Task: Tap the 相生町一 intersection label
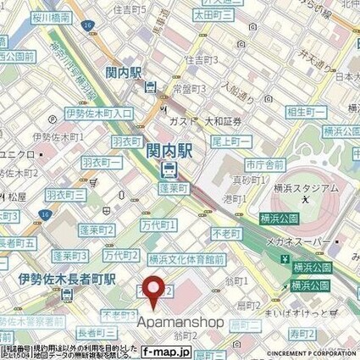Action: click(307, 112)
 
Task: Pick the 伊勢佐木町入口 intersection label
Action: click(75, 113)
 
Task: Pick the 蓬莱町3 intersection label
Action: click(73, 255)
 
